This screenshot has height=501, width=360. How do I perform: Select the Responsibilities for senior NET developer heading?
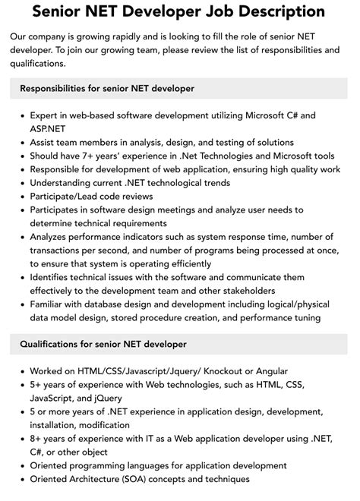tap(107, 89)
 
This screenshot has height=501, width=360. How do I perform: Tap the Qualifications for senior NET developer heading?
tap(103, 344)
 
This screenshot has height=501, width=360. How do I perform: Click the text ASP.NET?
tap(49, 129)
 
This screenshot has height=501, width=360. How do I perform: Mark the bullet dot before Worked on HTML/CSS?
tap(21, 371)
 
